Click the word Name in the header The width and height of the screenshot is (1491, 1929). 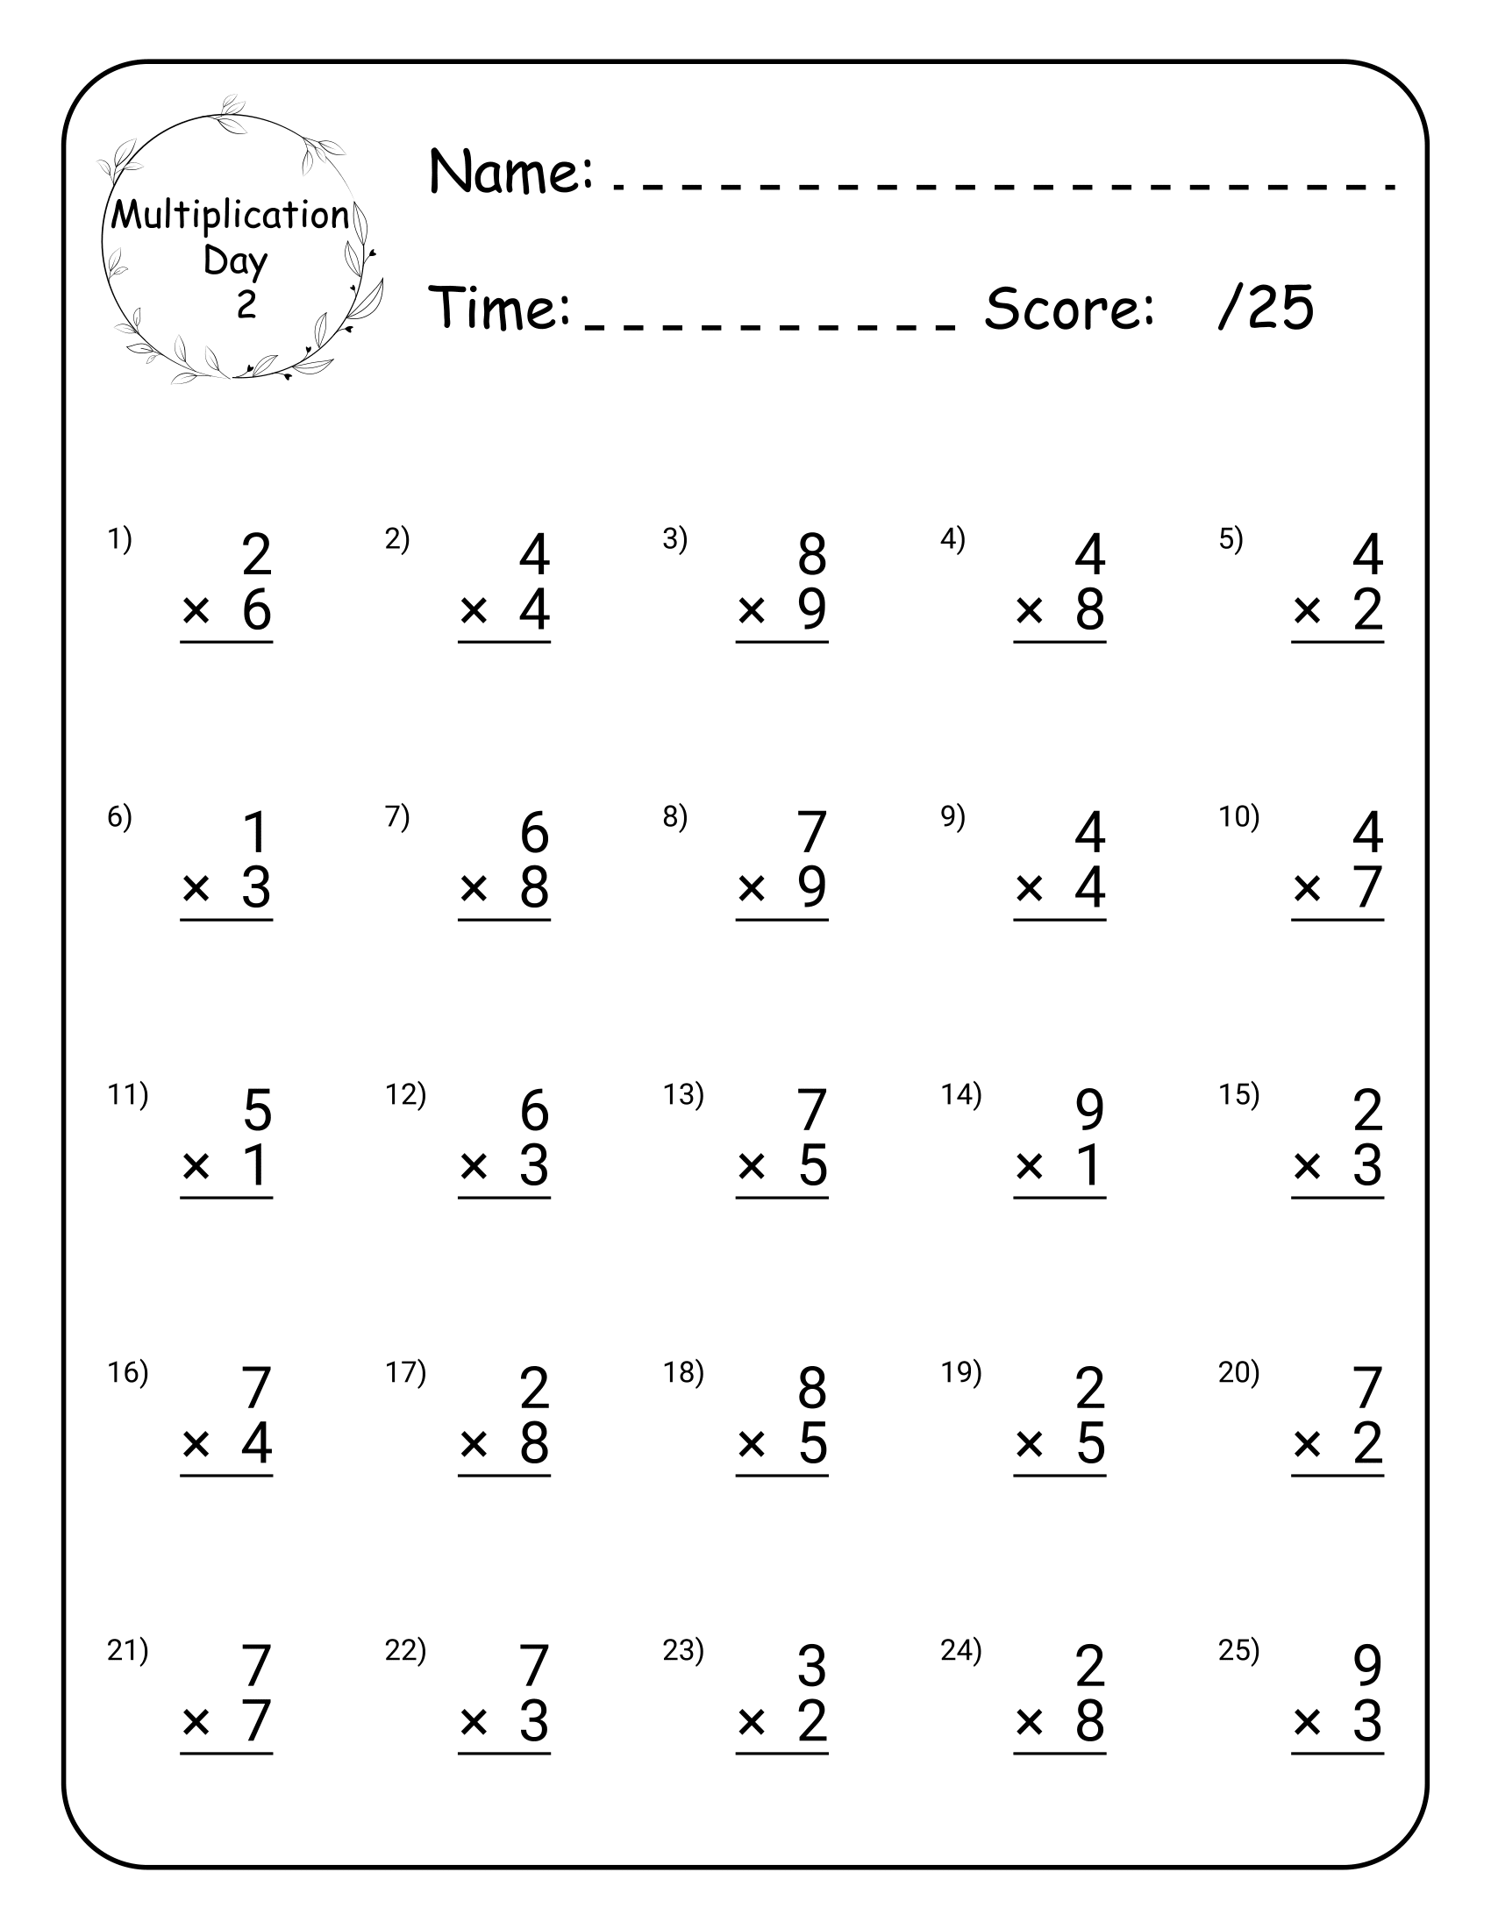[x=509, y=171]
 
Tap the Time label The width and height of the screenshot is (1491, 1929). [x=500, y=309]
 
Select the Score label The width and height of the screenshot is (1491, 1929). [x=1069, y=309]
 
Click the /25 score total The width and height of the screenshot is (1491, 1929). [x=1266, y=309]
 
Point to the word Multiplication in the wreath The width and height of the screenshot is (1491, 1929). [x=230, y=216]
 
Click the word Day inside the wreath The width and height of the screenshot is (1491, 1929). [x=235, y=261]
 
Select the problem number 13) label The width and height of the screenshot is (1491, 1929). [x=682, y=1094]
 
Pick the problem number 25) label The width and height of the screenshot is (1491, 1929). [x=1238, y=1650]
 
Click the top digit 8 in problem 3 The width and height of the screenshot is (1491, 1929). [x=812, y=555]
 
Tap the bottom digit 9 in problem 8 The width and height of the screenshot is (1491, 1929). [x=812, y=886]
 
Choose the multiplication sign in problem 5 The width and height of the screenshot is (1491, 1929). [x=1307, y=610]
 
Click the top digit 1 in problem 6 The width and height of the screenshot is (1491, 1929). [x=256, y=832]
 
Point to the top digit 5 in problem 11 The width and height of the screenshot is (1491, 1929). [x=256, y=1110]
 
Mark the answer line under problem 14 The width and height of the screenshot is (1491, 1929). [x=1059, y=1198]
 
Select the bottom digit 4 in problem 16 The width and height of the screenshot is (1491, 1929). [x=256, y=1443]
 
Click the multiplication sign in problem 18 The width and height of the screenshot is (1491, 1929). [x=751, y=1444]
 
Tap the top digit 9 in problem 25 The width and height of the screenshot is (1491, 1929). [x=1367, y=1666]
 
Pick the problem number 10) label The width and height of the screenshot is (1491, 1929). [x=1238, y=817]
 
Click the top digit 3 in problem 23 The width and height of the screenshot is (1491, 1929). [x=812, y=1666]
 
